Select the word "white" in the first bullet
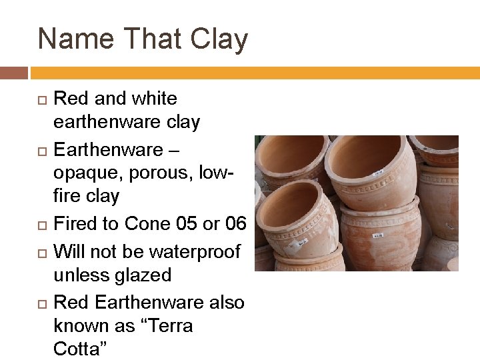point(153,99)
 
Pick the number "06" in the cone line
point(235,224)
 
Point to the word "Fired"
point(75,224)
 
